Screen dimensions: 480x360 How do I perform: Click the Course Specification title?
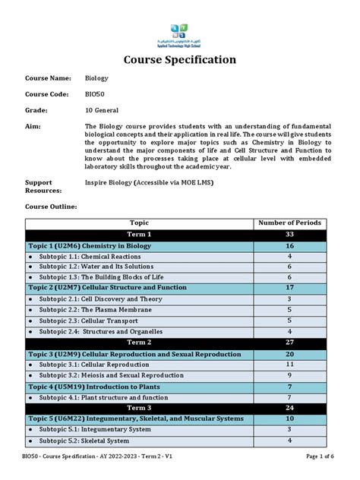coord(179,59)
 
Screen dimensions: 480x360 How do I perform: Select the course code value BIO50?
coord(96,93)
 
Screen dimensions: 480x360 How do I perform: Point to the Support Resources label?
coord(39,187)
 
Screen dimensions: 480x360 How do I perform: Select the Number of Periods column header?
coord(290,223)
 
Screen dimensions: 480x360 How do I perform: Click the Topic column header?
coord(139,223)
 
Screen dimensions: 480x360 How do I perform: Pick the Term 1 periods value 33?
coord(290,235)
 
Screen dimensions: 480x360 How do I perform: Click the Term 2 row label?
coord(139,343)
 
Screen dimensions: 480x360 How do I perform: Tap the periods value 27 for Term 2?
coord(290,343)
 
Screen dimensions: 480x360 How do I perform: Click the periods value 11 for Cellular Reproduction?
coord(290,365)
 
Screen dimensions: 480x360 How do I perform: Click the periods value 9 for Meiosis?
coord(290,375)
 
